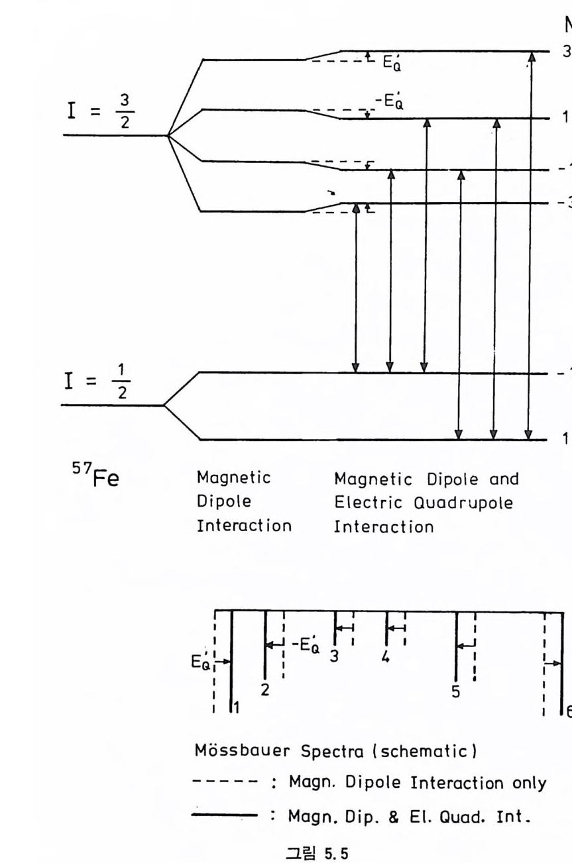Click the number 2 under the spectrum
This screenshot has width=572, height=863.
pos(264,690)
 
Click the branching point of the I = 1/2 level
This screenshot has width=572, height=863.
pos(164,405)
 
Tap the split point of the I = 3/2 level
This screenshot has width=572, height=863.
pos(168,135)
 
